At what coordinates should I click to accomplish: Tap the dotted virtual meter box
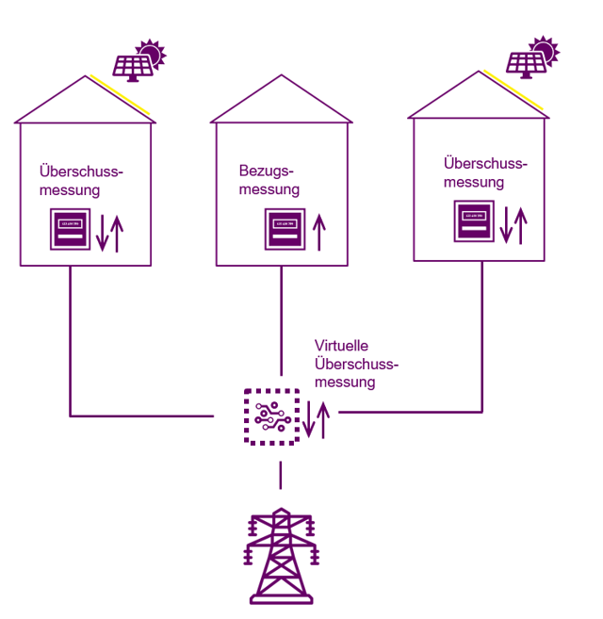click(x=271, y=415)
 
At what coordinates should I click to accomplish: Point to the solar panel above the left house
click(x=131, y=66)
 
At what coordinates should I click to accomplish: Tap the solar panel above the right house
click(x=525, y=63)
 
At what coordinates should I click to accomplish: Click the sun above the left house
click(x=151, y=52)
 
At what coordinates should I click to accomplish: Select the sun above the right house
click(x=544, y=48)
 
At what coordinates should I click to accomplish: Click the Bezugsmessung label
click(x=268, y=180)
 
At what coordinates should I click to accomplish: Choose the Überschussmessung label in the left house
click(x=81, y=180)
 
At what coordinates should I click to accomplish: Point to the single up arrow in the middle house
click(x=319, y=232)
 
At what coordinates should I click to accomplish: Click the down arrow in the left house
click(x=103, y=233)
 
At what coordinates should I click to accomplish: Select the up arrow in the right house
click(x=520, y=224)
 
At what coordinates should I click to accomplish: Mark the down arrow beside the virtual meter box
click(x=310, y=419)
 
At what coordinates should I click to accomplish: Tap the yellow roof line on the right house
click(x=514, y=89)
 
